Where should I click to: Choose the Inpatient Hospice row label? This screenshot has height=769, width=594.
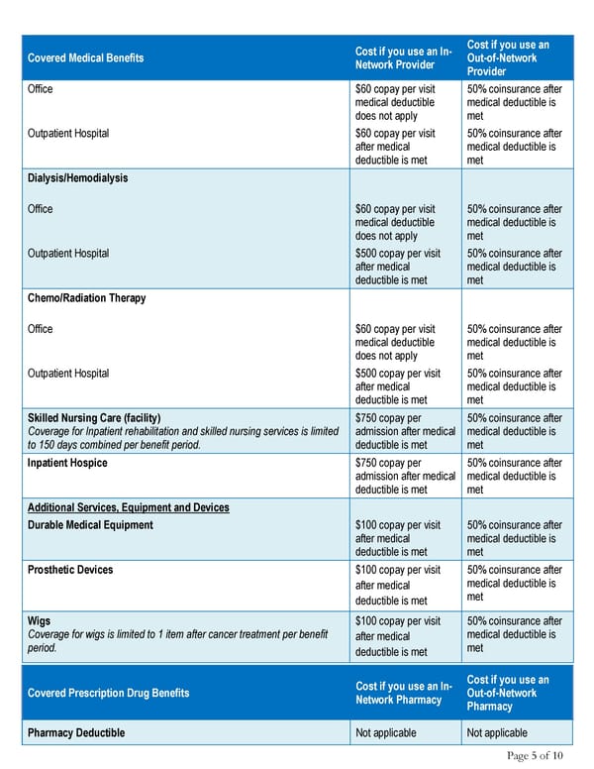click(x=67, y=463)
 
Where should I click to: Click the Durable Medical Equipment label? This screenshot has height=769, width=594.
click(x=90, y=525)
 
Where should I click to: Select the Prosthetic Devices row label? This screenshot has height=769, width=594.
click(x=70, y=570)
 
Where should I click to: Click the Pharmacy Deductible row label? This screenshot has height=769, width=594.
click(x=77, y=733)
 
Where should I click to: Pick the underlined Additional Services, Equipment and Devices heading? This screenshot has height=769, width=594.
click(x=128, y=507)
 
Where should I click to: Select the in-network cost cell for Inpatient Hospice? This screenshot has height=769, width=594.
click(x=404, y=476)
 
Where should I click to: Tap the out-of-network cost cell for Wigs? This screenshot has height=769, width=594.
click(x=513, y=634)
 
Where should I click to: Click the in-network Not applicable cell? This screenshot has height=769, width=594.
click(x=385, y=733)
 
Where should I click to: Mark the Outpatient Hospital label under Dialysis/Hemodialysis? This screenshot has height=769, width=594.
click(x=68, y=253)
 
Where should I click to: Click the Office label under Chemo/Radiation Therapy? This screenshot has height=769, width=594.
click(x=41, y=329)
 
